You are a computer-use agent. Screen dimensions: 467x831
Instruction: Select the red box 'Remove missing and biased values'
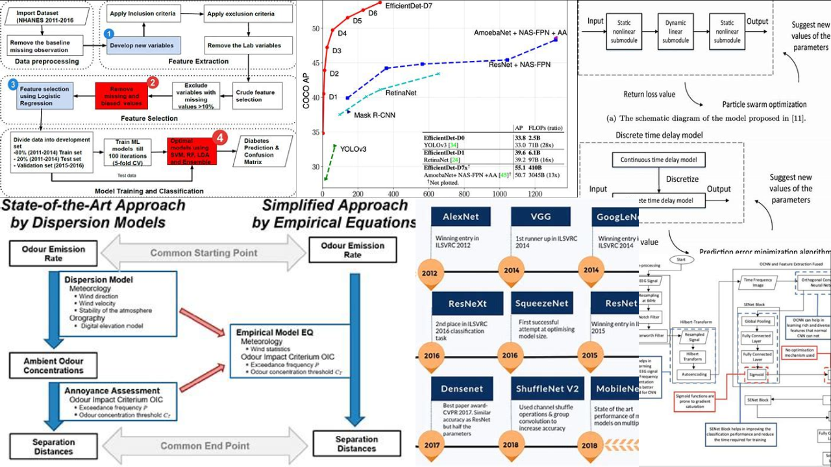tap(123, 96)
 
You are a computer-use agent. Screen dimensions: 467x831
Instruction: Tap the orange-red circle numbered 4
tap(220, 138)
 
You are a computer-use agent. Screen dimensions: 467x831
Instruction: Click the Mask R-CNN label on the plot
tap(375, 115)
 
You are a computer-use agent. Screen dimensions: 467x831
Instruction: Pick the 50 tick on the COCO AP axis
tap(316, 29)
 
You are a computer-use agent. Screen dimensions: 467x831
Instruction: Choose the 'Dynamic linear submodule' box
tap(675, 31)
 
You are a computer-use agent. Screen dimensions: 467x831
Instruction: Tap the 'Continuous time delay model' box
tap(658, 160)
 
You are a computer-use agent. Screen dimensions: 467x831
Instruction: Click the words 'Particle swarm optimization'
tap(764, 104)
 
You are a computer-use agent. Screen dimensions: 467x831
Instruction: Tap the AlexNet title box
tap(460, 216)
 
